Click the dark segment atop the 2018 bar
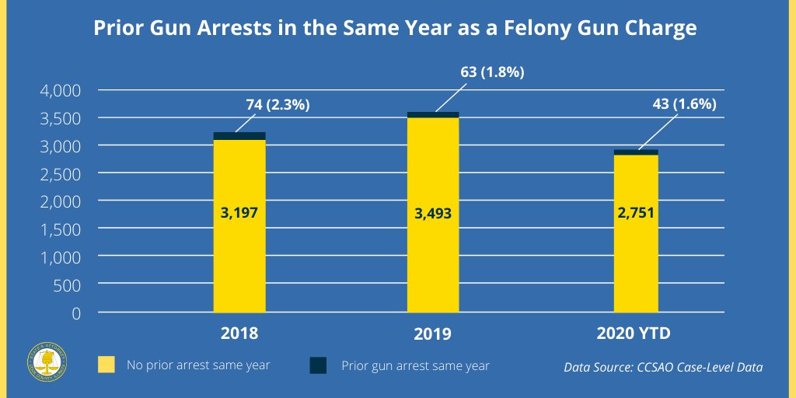click(x=239, y=136)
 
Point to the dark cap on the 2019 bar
click(x=432, y=115)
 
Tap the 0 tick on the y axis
click(x=75, y=313)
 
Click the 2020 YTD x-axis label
click(x=634, y=334)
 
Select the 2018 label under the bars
click(x=239, y=334)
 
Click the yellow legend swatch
click(x=106, y=365)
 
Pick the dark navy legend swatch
click(x=318, y=365)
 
